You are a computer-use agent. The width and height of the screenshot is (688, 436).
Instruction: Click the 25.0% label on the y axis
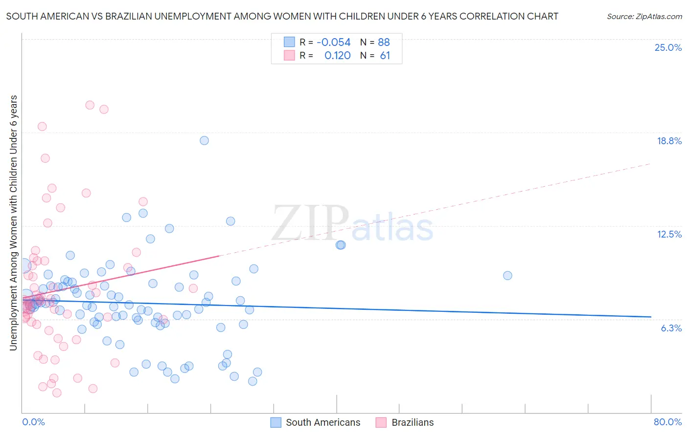tap(668, 47)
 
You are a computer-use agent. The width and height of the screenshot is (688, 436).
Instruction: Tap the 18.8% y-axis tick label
tap(669, 141)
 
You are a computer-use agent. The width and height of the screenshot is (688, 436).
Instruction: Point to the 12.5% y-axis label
tap(669, 234)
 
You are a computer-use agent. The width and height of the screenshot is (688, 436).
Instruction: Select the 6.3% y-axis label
tap(671, 328)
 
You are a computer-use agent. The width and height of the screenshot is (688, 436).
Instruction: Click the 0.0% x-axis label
tap(33, 422)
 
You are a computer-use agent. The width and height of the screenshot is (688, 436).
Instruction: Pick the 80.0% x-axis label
tap(667, 422)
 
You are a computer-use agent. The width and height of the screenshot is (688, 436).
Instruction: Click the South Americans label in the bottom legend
tap(323, 422)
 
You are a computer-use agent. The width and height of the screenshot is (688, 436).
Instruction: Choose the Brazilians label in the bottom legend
tap(413, 422)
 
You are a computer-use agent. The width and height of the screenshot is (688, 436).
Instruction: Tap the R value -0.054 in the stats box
tap(334, 43)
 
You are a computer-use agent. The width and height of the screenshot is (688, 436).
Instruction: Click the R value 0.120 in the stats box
tap(338, 56)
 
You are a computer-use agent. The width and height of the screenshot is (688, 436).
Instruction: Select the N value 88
tap(384, 43)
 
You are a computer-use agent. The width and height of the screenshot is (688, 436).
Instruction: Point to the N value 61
tap(385, 56)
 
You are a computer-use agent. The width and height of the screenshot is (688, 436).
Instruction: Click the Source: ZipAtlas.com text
tap(644, 17)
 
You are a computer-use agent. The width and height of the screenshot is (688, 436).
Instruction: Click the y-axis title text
tap(14, 222)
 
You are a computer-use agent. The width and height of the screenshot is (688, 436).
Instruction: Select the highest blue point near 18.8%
tap(204, 140)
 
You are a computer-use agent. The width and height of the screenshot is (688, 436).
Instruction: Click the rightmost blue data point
tap(507, 275)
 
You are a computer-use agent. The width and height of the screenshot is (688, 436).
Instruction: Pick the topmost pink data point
tap(90, 105)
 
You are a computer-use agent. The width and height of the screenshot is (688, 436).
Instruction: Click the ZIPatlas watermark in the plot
tap(352, 224)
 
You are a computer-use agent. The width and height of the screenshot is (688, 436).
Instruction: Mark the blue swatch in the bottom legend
tap(276, 422)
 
